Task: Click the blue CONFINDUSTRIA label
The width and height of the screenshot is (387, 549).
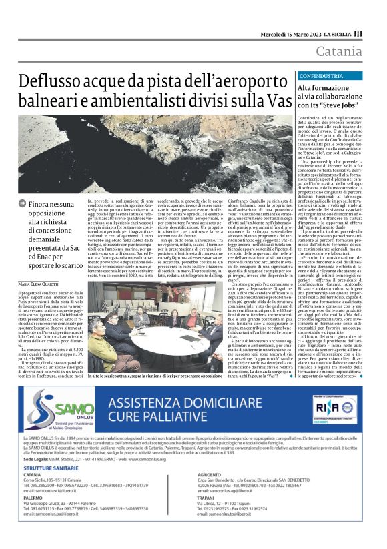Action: [320, 76]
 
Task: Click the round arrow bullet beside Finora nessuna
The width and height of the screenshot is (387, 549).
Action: [23, 202]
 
